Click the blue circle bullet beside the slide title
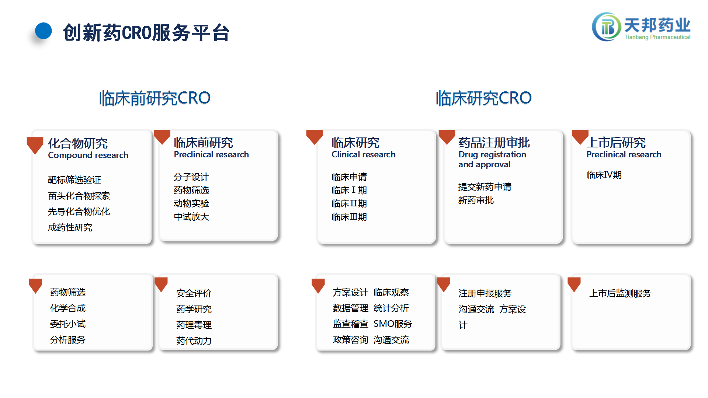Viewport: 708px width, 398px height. click(x=44, y=31)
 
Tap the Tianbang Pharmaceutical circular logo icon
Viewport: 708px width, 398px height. click(x=606, y=27)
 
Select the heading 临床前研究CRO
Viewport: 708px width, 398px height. click(x=155, y=98)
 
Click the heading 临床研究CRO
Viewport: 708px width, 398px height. click(x=483, y=98)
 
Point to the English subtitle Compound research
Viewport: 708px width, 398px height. click(x=88, y=155)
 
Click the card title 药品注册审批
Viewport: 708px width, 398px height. click(x=494, y=143)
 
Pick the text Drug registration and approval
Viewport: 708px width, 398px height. click(x=492, y=159)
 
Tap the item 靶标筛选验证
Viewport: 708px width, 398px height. click(x=74, y=180)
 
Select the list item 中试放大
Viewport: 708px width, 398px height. click(x=191, y=217)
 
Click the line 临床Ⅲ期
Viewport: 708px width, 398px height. click(x=349, y=217)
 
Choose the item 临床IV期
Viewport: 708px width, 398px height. click(x=604, y=175)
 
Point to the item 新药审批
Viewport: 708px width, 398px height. click(x=476, y=200)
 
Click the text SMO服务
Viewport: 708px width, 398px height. click(x=393, y=324)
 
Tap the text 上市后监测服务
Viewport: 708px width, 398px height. click(x=620, y=293)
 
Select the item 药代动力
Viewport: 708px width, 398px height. click(x=194, y=341)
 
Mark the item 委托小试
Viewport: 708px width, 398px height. click(x=68, y=324)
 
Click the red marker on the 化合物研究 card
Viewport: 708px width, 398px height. click(x=35, y=144)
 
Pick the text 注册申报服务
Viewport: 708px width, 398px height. click(x=485, y=293)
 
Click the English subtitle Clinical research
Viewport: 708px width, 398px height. click(x=364, y=154)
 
